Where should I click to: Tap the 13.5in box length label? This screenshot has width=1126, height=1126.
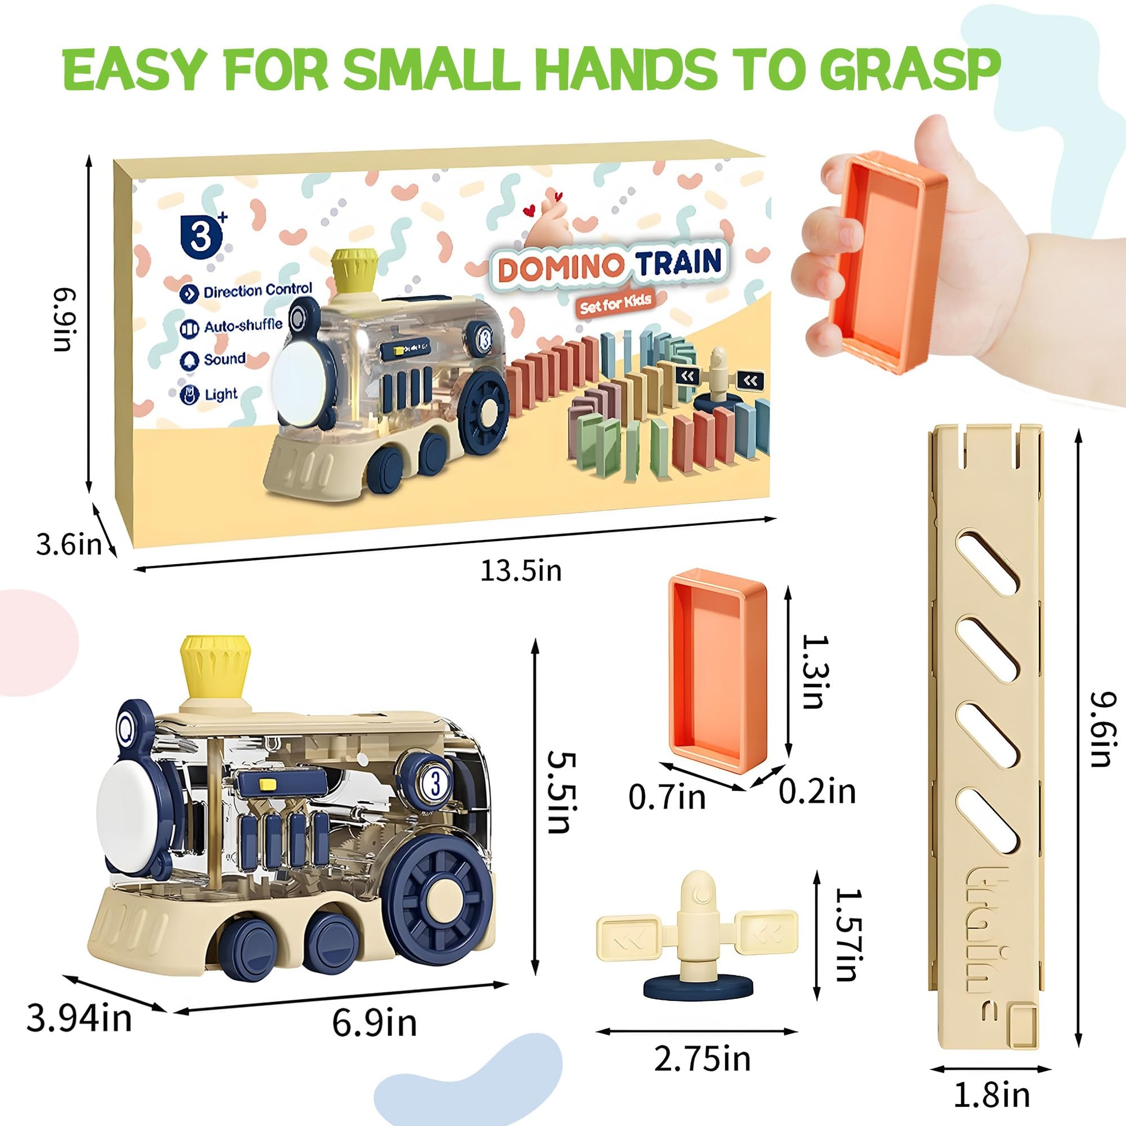tap(520, 571)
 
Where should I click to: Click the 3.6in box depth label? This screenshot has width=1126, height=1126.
tap(69, 545)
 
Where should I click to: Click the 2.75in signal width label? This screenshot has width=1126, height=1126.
tap(702, 1059)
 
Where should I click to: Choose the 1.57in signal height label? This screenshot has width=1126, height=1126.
tap(848, 934)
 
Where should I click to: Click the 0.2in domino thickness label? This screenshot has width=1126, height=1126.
tap(817, 792)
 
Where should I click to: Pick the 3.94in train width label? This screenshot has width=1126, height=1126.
tap(79, 1019)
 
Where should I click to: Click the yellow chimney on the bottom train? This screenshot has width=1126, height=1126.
tap(215, 665)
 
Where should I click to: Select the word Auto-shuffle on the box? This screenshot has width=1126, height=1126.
tap(243, 326)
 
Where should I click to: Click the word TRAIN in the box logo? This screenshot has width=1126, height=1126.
tap(678, 263)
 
